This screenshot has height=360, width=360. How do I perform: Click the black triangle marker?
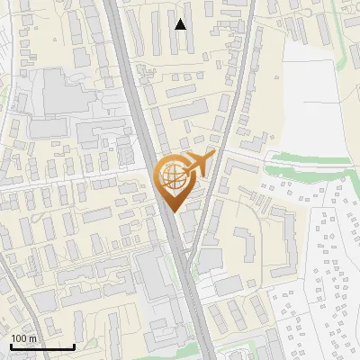(x=181, y=24)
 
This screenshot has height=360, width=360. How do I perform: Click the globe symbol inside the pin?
(x=174, y=175)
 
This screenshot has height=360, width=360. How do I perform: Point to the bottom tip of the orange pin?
(x=174, y=212)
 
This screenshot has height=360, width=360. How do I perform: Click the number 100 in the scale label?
(x=19, y=339)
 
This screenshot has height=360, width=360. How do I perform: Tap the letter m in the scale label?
(x=32, y=339)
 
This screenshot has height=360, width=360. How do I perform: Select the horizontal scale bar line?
(x=42, y=347)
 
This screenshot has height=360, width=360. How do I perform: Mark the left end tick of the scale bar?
(x=11, y=346)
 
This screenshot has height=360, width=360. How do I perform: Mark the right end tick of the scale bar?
(x=74, y=346)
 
